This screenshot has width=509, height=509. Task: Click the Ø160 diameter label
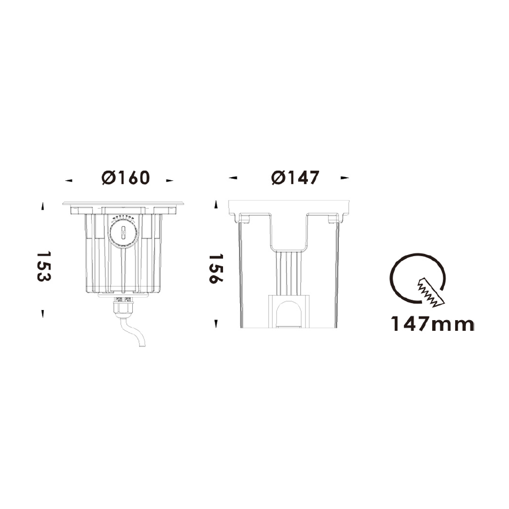[x=125, y=178]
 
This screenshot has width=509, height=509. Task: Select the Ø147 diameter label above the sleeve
[x=295, y=178]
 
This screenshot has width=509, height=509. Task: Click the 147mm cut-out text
[x=432, y=324]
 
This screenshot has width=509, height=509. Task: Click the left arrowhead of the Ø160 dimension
[x=69, y=180]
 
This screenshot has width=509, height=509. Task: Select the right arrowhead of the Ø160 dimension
[x=170, y=180]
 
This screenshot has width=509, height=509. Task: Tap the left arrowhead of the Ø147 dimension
[x=233, y=178]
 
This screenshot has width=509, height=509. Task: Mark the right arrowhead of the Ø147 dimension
[x=345, y=178]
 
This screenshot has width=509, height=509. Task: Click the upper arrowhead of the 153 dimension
[x=43, y=206]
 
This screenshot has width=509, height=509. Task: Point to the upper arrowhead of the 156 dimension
[x=216, y=205]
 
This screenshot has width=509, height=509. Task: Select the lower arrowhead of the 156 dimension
[x=216, y=323]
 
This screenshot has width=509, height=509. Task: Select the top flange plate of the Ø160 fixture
[x=123, y=204]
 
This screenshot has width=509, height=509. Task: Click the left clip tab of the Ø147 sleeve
[x=243, y=219]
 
